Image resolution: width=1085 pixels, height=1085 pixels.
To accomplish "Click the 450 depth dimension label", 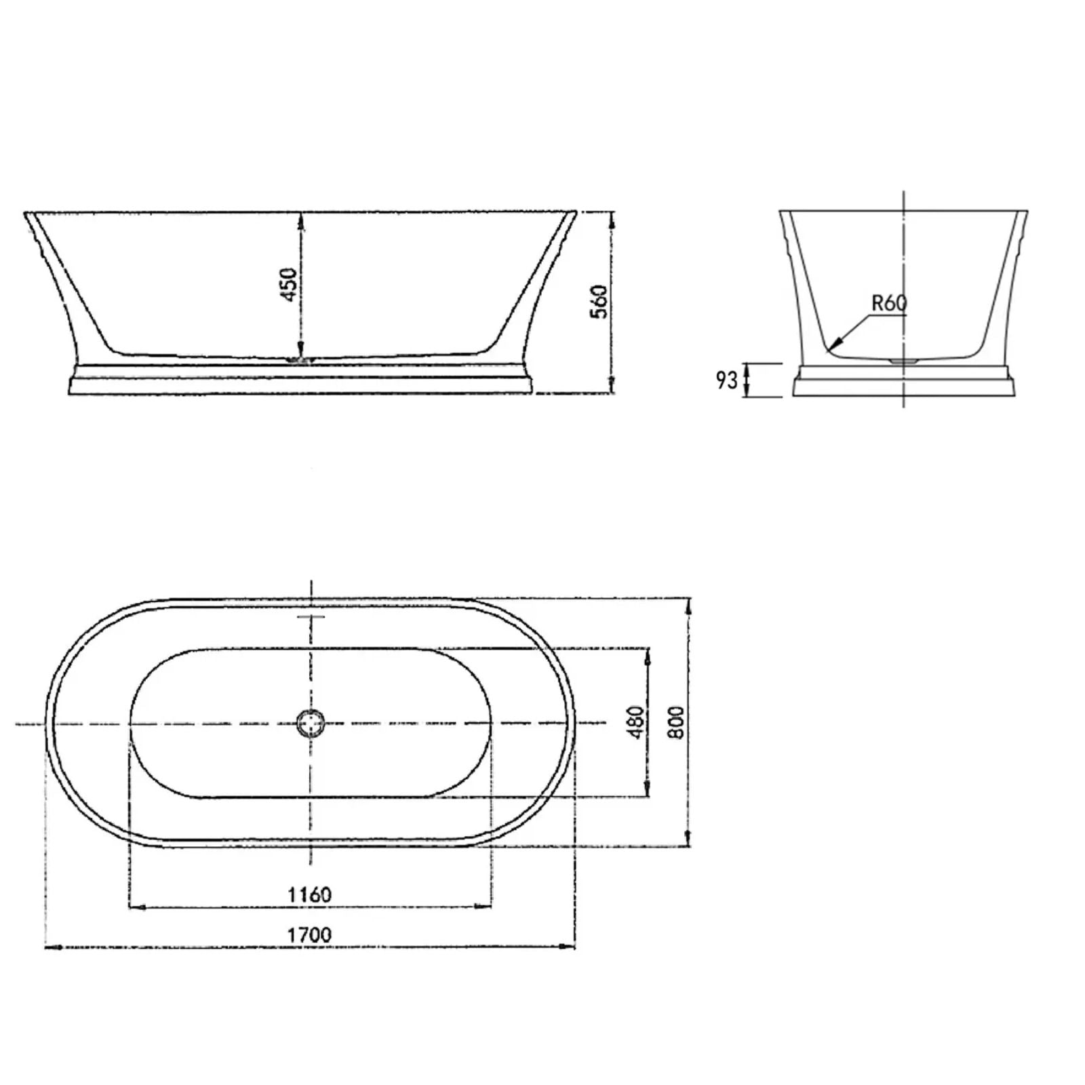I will click(289, 285).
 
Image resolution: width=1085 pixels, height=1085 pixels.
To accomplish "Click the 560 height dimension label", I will click(599, 302).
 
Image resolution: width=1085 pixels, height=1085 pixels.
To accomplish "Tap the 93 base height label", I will click(726, 380).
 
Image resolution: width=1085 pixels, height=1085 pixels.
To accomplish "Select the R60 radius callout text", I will click(888, 303).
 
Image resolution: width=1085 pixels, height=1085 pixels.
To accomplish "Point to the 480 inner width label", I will click(636, 722).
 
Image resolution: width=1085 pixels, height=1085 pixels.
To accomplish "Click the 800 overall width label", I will click(677, 722).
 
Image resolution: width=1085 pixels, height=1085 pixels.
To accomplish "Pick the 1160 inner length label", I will click(309, 895).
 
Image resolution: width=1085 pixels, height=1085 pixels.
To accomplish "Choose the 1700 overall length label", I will click(309, 935).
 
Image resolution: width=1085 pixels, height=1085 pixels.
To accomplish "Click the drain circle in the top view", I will click(311, 724).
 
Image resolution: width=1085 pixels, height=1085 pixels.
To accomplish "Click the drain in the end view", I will click(903, 361).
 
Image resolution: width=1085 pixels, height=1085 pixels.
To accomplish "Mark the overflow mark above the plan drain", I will click(311, 617).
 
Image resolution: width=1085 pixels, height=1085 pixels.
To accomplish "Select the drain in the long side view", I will click(298, 360).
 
